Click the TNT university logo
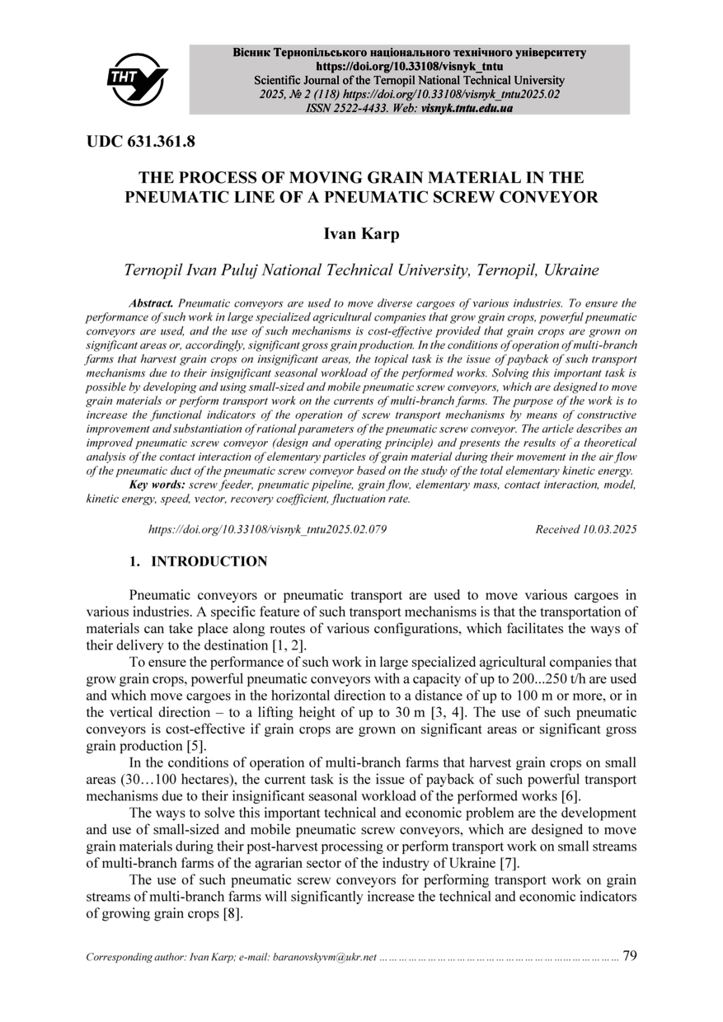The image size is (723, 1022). pos(137,79)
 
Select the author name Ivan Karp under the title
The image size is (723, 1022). pos(360,234)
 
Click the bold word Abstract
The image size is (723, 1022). pos(151,304)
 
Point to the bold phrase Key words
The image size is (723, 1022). pos(157,485)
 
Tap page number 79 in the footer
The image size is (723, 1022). pos(630,956)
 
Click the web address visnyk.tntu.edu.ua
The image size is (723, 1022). pos(467,108)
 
